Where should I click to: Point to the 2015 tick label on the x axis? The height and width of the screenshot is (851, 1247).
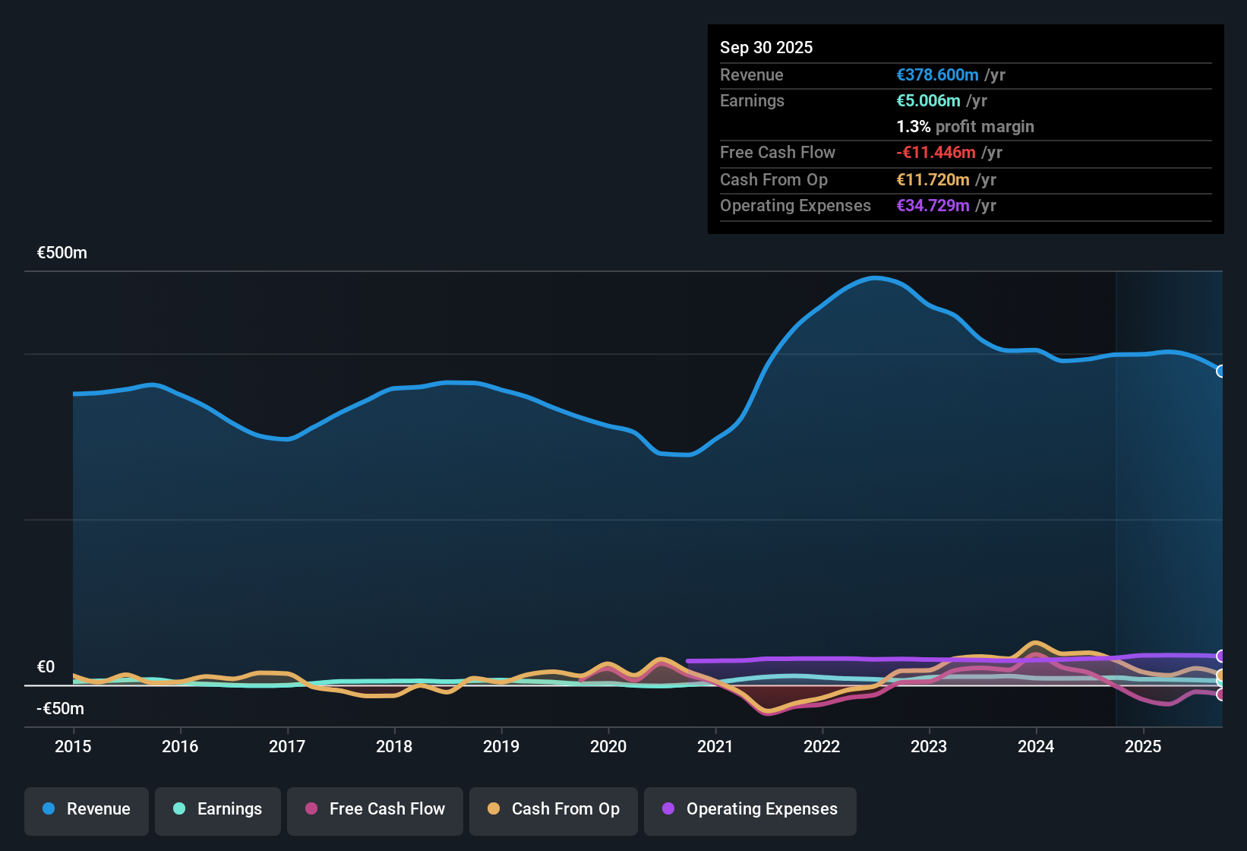[x=73, y=746]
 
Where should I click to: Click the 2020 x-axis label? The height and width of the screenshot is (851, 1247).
[x=608, y=746]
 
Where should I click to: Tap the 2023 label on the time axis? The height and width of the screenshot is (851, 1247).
[x=929, y=746]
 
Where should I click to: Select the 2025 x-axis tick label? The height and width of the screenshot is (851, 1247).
[x=1143, y=746]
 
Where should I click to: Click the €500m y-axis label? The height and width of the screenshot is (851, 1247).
[x=62, y=253]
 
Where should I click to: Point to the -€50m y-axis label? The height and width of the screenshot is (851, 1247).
[x=60, y=708]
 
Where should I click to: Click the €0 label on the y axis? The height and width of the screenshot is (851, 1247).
[x=46, y=666]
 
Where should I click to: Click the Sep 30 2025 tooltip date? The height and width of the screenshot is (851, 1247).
[x=766, y=47]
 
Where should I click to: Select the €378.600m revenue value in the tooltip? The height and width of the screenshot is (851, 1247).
[x=937, y=74]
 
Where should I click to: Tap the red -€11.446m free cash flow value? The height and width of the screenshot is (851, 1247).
[x=936, y=152]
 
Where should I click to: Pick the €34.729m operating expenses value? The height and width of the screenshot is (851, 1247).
[x=933, y=205]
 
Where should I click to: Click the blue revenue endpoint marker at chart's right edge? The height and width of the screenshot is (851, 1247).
[x=1221, y=371]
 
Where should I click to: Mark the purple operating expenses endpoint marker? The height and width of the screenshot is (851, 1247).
[x=1221, y=656]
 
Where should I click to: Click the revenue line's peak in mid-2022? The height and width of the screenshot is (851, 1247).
[x=875, y=277]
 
